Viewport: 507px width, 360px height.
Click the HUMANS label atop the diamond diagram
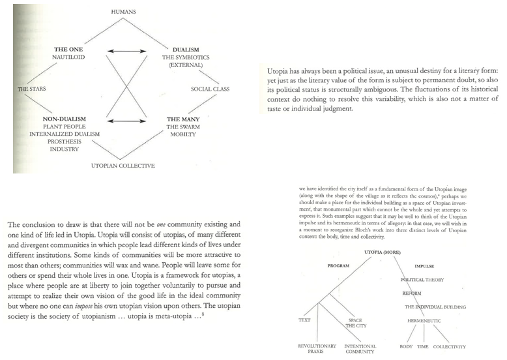coord(123,12)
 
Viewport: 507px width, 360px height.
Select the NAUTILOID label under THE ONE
coord(70,57)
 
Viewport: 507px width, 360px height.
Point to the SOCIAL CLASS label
coord(209,88)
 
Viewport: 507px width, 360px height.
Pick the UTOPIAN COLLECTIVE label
coord(123,166)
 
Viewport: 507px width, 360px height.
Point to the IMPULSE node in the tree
coord(426,265)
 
